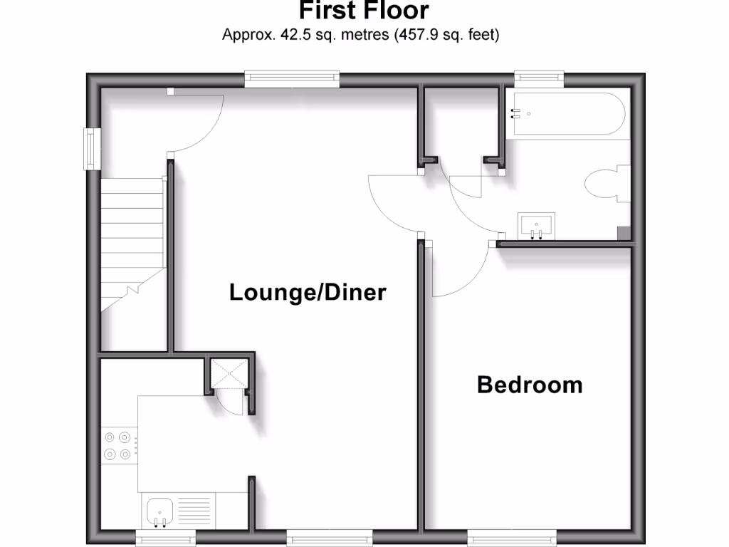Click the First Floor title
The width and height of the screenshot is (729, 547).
pos(364,11)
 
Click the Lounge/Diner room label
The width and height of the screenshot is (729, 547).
pos(308,292)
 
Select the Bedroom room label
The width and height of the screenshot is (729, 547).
pos(530,385)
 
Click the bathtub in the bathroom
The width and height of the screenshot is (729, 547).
pos(566,114)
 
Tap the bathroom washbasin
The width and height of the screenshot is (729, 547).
pos(535,226)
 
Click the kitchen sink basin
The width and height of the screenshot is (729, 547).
pos(160,511)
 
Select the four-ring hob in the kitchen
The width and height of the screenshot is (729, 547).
pos(118,445)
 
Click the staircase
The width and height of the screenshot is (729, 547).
pos(132,242)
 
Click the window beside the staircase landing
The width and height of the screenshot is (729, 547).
pos(90,148)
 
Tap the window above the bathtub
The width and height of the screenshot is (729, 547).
pos(540,78)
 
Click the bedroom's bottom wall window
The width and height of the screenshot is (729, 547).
pos(511,535)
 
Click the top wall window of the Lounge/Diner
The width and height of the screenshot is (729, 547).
pos(292,78)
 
